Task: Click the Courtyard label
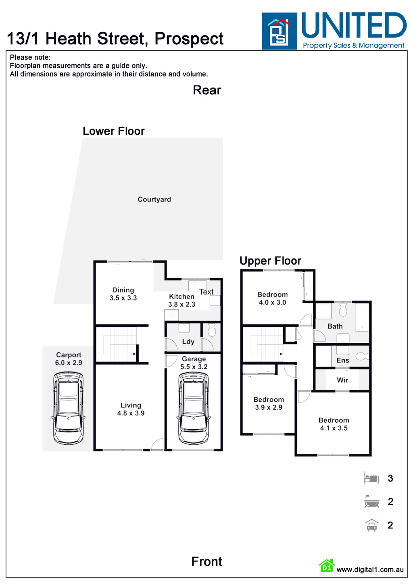click(154, 199)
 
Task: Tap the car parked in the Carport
click(68, 408)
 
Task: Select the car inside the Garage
click(194, 408)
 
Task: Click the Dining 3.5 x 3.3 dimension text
click(123, 298)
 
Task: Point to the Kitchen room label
click(181, 296)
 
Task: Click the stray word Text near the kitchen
click(206, 292)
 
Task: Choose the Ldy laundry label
click(188, 342)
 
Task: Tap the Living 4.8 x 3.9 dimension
click(131, 413)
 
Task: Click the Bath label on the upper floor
click(335, 326)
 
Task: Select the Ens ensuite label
click(342, 360)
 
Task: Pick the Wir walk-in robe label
click(342, 380)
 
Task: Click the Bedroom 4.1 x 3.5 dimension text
click(334, 428)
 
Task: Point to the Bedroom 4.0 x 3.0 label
click(272, 298)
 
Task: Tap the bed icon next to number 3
click(371, 478)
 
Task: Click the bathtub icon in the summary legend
click(371, 502)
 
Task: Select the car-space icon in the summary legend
click(371, 525)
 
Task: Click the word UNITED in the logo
click(354, 26)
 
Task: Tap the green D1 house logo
click(326, 566)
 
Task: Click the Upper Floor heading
click(270, 261)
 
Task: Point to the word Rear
click(207, 90)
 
